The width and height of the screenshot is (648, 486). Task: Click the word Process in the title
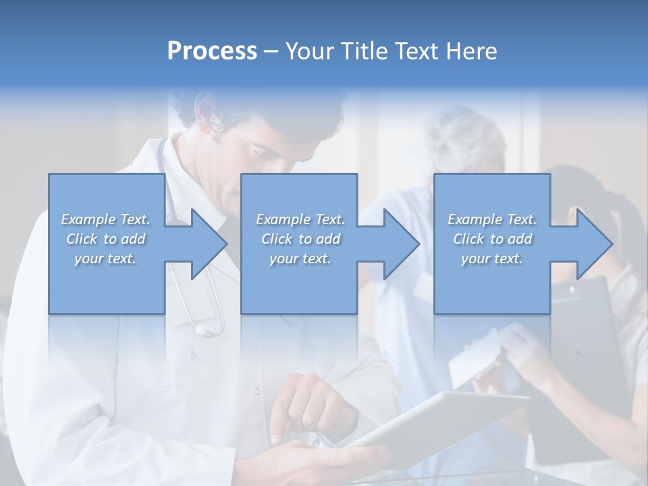(x=212, y=51)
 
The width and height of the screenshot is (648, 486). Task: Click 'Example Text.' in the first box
(x=105, y=219)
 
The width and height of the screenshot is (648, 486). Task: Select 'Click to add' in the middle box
(x=300, y=239)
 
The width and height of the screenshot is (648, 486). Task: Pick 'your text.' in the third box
(x=492, y=259)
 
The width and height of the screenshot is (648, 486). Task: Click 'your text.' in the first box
(x=105, y=259)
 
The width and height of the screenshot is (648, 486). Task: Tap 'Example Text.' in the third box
(x=492, y=219)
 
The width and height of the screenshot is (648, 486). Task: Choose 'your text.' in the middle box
(x=300, y=259)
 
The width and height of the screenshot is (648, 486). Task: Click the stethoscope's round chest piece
(x=200, y=329)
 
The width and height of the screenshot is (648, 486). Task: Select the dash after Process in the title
(x=271, y=51)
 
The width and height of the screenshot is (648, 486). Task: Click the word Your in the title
(x=308, y=51)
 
